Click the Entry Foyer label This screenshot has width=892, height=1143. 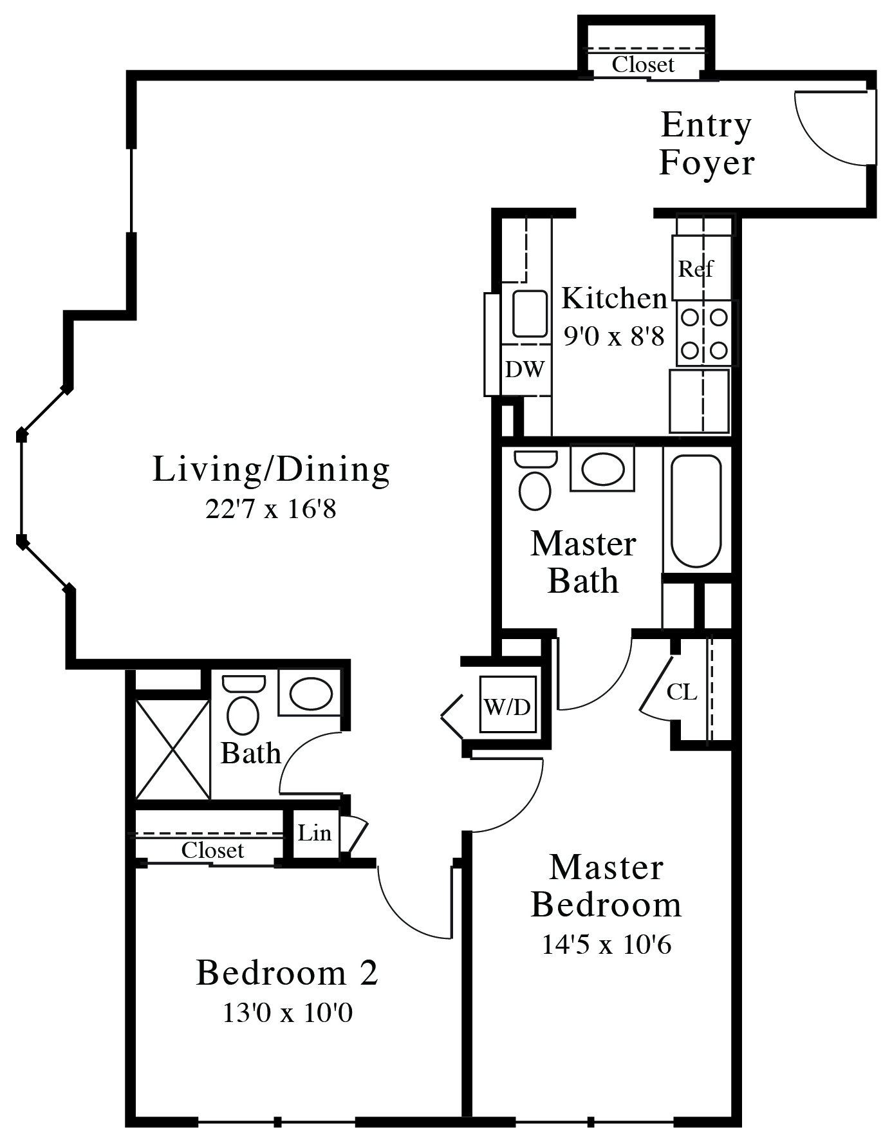tap(707, 144)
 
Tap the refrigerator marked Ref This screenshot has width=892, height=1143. tap(702, 268)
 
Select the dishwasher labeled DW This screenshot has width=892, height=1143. tap(525, 369)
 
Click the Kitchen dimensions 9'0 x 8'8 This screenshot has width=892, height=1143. tap(614, 336)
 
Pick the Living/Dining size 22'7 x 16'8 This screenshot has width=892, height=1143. tap(271, 510)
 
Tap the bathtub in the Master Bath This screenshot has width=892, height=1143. tap(696, 511)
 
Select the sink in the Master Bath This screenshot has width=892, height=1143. tap(602, 469)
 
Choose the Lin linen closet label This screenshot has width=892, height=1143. tap(314, 833)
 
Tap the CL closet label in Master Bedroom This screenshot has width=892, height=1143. tap(682, 692)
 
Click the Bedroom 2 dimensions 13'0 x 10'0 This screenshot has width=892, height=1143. tap(287, 1014)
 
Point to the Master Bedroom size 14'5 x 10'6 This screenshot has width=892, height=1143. tap(606, 945)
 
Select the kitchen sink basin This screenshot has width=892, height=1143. tap(529, 314)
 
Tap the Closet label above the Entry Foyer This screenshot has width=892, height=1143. tap(643, 65)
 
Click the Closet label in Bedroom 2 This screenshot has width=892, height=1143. tap(212, 851)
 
